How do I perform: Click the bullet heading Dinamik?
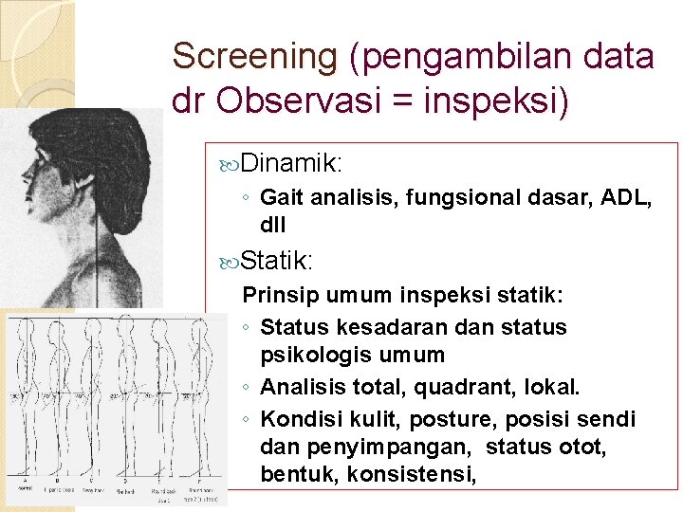[x=291, y=163]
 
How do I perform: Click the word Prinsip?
[x=276, y=296]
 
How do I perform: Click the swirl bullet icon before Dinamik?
[x=229, y=164]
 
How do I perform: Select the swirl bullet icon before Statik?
[x=229, y=260]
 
